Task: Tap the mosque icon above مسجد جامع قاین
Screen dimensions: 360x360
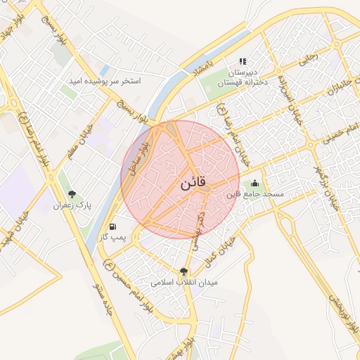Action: click(x=255, y=184)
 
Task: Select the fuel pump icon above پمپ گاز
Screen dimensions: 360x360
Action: click(x=113, y=227)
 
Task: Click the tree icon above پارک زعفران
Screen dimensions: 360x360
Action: click(x=72, y=194)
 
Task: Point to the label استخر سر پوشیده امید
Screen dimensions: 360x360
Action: click(x=104, y=82)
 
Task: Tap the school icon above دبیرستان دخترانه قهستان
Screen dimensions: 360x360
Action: click(x=243, y=62)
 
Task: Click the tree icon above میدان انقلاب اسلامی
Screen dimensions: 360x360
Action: click(x=184, y=271)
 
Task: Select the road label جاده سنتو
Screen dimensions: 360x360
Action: click(x=103, y=299)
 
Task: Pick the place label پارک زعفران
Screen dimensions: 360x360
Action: click(x=75, y=206)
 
